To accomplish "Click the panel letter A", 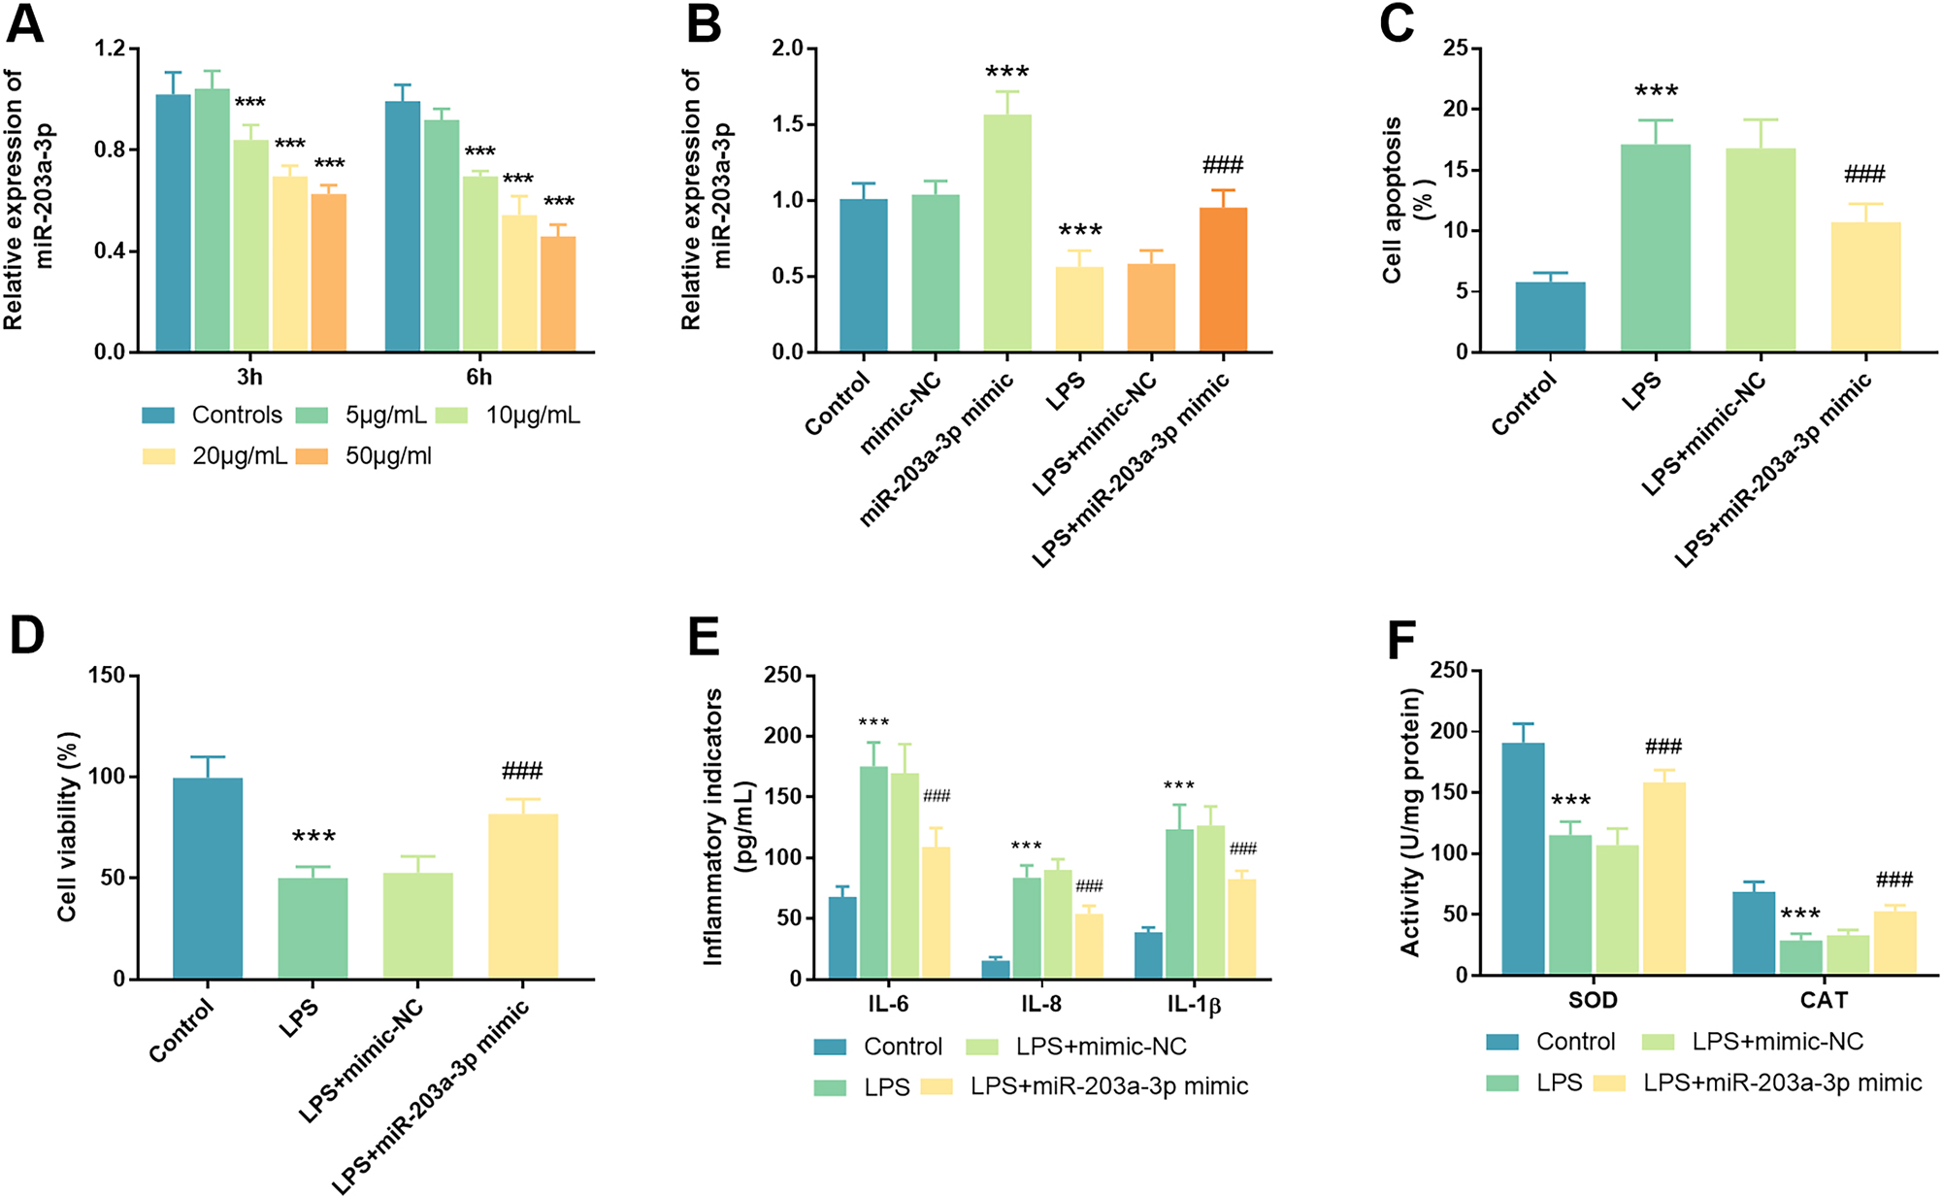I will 24,23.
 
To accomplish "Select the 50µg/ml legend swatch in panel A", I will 312,456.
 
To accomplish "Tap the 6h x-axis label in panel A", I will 478,377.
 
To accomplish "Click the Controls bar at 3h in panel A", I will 174,223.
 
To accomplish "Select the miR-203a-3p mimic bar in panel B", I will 1006,233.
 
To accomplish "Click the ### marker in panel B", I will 1222,165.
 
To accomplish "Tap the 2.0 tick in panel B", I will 787,49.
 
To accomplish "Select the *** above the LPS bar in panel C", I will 1656,92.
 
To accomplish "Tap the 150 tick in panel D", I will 107,676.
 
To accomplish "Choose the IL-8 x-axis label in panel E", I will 1040,1004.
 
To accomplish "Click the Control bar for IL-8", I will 996,970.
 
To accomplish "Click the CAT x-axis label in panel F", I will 1824,1000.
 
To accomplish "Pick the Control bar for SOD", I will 1523,859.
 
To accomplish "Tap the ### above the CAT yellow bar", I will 1893,881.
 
